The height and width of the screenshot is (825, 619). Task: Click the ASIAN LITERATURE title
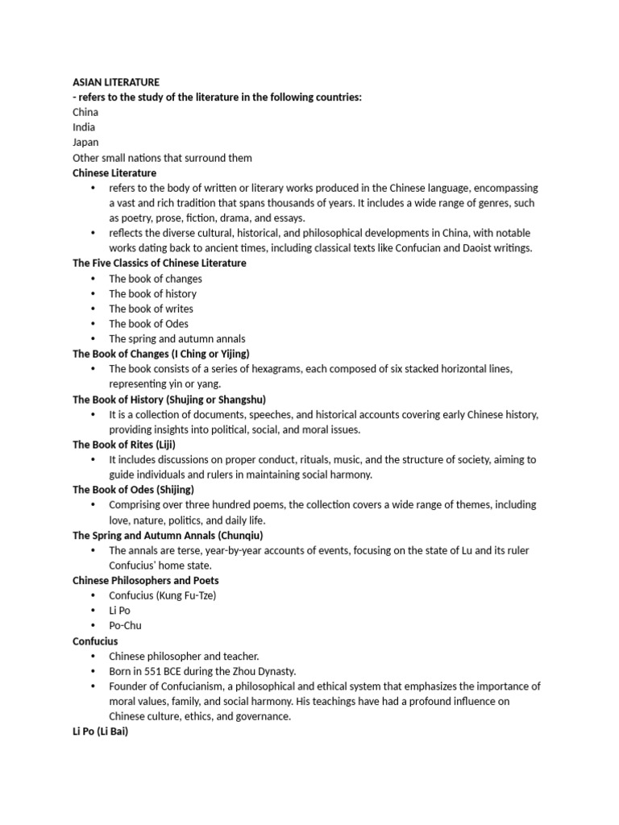[116, 82]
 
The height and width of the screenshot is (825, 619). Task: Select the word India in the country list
[84, 127]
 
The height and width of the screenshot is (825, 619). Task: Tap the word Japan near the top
[85, 143]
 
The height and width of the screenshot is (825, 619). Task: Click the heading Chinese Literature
[114, 172]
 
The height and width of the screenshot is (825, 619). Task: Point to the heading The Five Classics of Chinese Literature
[160, 263]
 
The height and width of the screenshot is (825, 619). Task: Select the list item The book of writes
[152, 309]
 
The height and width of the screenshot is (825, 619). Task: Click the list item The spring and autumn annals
[177, 339]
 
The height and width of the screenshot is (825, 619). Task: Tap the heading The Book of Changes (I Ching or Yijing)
[161, 354]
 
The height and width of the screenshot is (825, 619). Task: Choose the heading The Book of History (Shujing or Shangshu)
[169, 400]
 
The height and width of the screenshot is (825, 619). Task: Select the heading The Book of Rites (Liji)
[124, 445]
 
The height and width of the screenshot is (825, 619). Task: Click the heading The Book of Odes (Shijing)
[133, 490]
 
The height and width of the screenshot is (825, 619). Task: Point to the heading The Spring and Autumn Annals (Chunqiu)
[168, 535]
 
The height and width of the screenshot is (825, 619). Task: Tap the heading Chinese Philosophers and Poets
[145, 580]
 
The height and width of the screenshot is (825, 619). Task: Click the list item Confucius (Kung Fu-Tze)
[163, 595]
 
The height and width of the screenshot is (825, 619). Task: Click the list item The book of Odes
[149, 324]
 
